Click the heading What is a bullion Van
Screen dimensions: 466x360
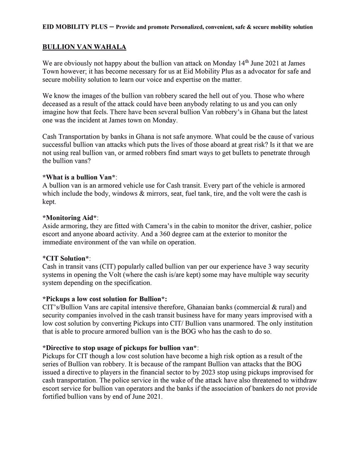pos(79,177)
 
